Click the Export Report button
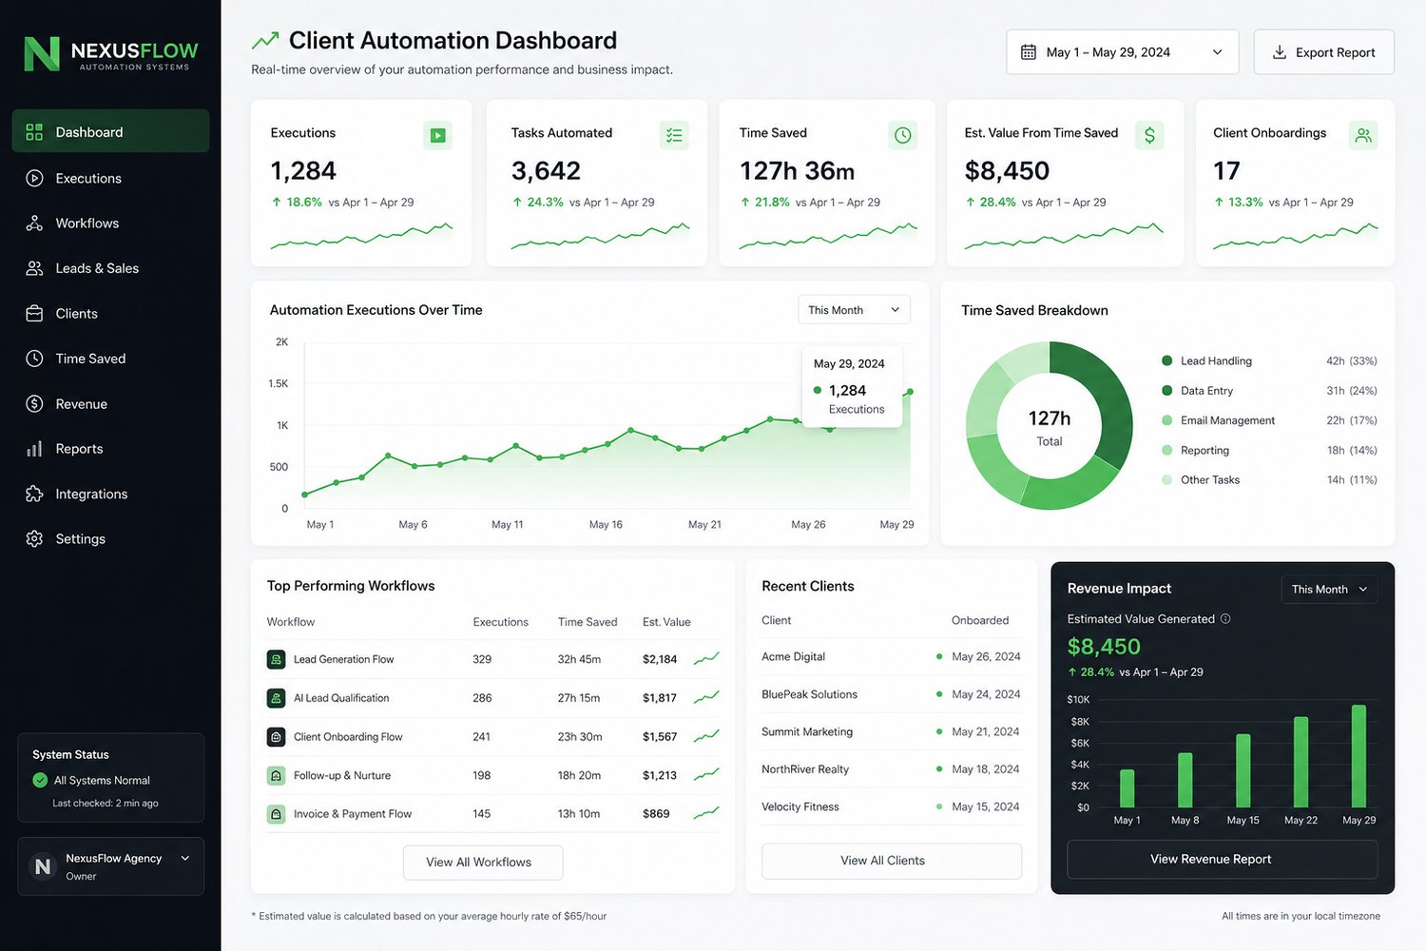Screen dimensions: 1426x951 1323,52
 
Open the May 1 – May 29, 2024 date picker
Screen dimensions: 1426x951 1123,52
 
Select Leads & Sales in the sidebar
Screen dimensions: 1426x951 97,268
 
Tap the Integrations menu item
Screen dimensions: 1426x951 91,494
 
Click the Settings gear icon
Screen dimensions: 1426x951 34,539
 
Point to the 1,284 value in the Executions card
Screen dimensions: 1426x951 303,171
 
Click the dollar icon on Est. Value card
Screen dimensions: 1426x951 1149,135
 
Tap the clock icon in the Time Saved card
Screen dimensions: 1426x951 902,135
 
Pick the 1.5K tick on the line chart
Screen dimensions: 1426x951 279,383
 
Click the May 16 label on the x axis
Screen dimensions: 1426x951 606,524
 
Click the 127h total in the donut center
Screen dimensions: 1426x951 1050,418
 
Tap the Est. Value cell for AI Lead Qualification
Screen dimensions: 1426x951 660,698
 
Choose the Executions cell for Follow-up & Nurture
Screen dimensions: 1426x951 482,775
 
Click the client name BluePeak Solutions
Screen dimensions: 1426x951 809,694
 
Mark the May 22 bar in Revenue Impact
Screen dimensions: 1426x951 1301,762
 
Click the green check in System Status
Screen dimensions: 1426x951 40,780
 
